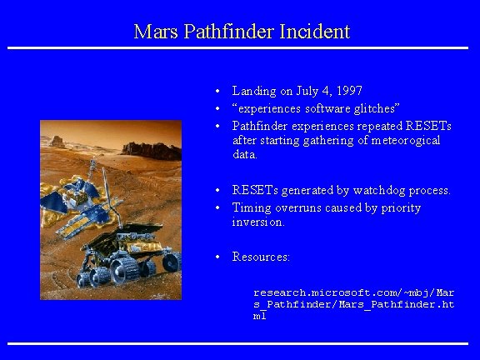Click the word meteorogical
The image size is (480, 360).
point(405,140)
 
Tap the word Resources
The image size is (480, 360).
point(260,257)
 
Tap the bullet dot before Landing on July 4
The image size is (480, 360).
point(216,91)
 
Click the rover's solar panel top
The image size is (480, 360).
point(117,242)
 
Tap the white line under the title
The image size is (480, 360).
point(240,47)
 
